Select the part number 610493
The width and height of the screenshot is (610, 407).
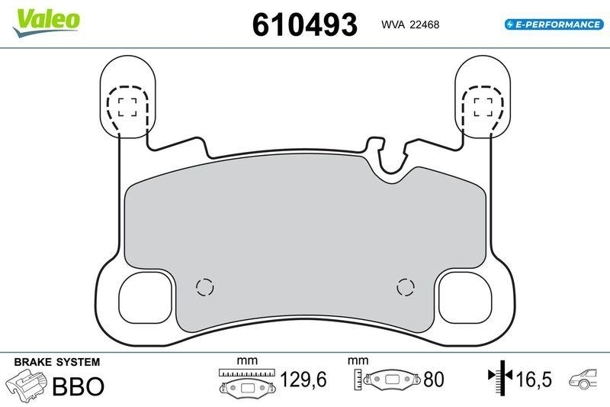(304, 25)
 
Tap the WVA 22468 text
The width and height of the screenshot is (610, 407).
(409, 24)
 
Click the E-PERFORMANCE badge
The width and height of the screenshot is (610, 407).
(554, 24)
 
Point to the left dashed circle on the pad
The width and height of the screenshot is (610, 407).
(204, 287)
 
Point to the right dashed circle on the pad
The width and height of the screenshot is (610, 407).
(406, 287)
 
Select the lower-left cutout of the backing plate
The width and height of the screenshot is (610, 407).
(147, 298)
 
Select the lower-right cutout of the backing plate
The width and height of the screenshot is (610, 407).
(463, 298)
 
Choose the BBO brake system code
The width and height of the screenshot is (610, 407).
(78, 386)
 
